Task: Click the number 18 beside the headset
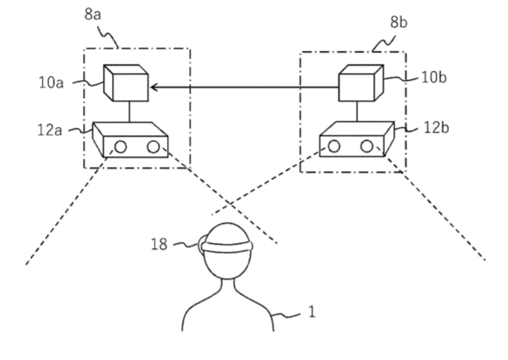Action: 161,244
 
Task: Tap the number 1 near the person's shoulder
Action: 310,312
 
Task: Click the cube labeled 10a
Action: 125,83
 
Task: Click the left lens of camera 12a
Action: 120,147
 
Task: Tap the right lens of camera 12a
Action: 153,147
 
